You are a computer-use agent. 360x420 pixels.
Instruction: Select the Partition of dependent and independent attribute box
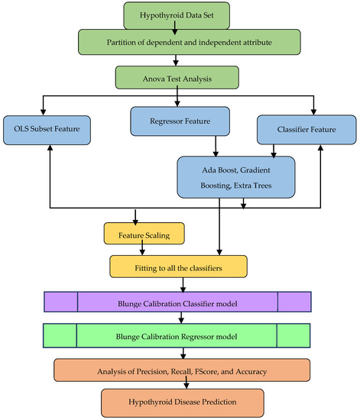(177, 44)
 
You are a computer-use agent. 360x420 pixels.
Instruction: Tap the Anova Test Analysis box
(177, 77)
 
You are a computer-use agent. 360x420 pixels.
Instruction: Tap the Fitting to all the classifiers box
(178, 266)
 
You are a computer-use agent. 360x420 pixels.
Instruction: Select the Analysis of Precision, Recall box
(181, 370)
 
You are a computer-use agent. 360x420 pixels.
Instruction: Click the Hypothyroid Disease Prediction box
(182, 401)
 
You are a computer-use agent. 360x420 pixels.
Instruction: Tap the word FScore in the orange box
(234, 370)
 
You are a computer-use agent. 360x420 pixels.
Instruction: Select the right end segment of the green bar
(294, 336)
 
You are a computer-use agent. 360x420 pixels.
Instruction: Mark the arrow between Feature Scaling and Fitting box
(147, 250)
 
